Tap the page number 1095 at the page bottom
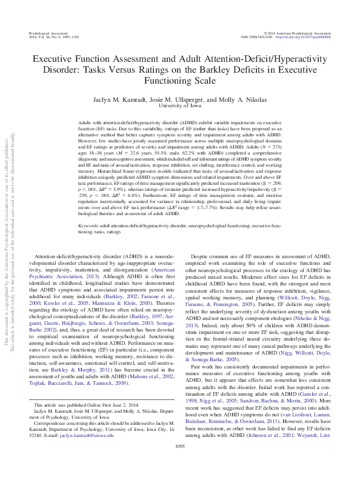tap(180, 464)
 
